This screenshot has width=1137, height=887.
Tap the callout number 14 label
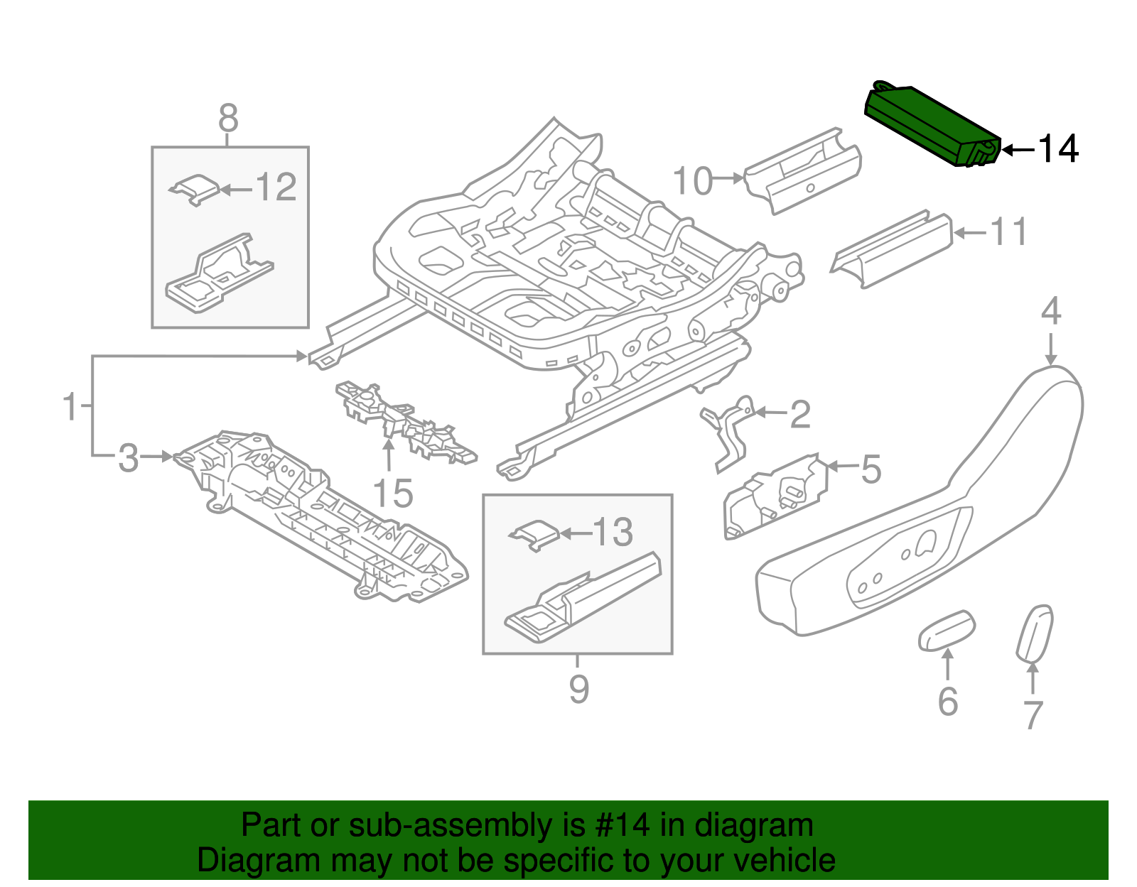(1058, 149)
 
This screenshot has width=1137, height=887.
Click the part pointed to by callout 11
(892, 249)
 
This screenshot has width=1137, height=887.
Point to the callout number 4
(1051, 312)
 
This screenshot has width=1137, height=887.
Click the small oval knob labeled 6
(947, 629)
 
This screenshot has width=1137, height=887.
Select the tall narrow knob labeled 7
(1035, 633)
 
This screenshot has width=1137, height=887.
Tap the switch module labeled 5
(776, 497)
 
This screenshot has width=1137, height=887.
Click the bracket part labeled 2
(728, 433)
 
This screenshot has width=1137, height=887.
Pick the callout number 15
(392, 493)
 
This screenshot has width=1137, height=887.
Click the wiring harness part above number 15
(405, 423)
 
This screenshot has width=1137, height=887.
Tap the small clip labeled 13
(534, 534)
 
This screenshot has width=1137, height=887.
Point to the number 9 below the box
(578, 689)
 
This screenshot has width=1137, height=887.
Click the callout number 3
(128, 458)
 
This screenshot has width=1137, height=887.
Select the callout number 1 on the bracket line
(70, 406)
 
